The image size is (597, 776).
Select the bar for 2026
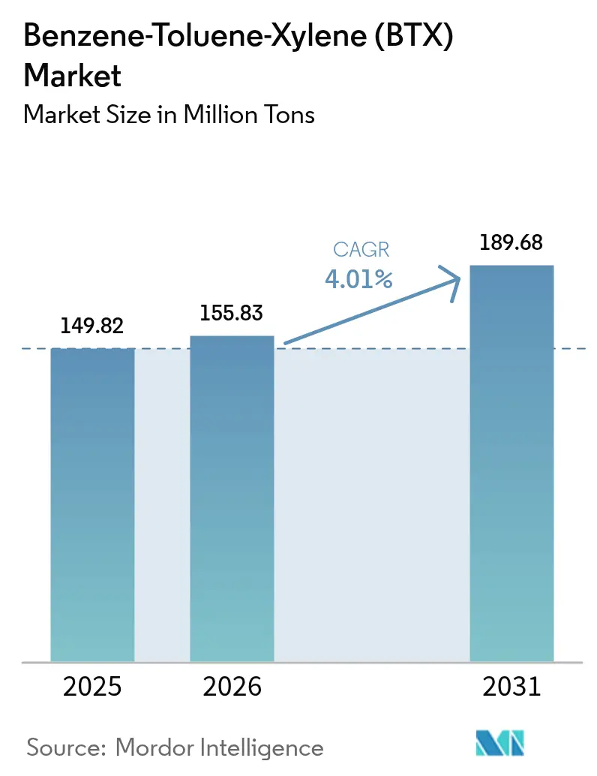point(232,498)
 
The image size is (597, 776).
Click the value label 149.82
point(92,326)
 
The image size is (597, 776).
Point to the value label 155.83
point(232,313)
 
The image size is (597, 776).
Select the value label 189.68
point(511,243)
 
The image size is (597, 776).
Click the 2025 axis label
point(92,687)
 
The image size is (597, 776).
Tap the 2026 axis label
point(232,687)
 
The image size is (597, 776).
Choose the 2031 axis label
point(511,687)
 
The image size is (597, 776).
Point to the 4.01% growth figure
point(358,280)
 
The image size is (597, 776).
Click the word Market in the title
point(73,75)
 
